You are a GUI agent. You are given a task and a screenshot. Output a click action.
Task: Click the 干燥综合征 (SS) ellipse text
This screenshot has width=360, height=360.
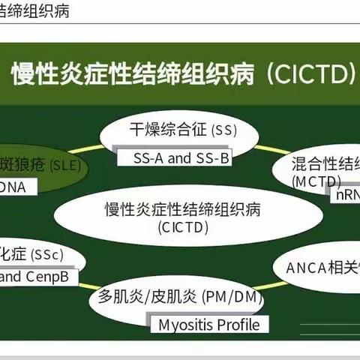point(182,130)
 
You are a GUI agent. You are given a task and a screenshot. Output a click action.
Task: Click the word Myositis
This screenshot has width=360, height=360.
point(185,324)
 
